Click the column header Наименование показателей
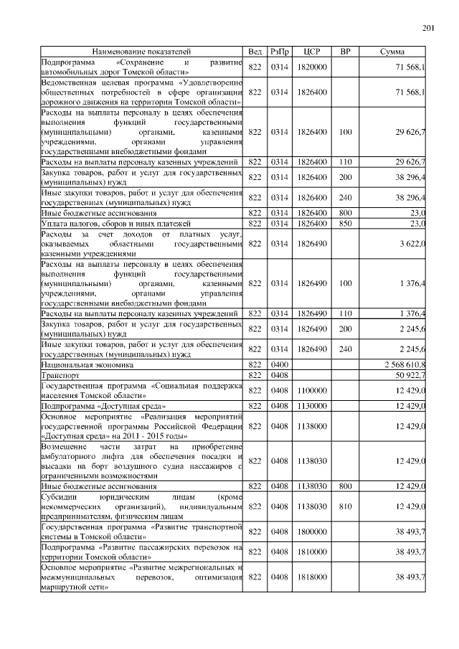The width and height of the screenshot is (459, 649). [142, 52]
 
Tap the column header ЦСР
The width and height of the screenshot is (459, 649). [312, 52]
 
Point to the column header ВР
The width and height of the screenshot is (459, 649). [346, 52]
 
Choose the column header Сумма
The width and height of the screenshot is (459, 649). [392, 52]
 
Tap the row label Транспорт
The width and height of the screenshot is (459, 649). [60, 374]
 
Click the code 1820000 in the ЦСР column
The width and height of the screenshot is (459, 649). [312, 67]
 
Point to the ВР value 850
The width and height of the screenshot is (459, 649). [346, 223]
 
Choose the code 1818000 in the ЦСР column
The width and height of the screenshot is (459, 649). [312, 577]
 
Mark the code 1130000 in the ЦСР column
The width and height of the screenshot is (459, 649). [312, 405]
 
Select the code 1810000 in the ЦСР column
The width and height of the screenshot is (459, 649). [312, 551]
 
